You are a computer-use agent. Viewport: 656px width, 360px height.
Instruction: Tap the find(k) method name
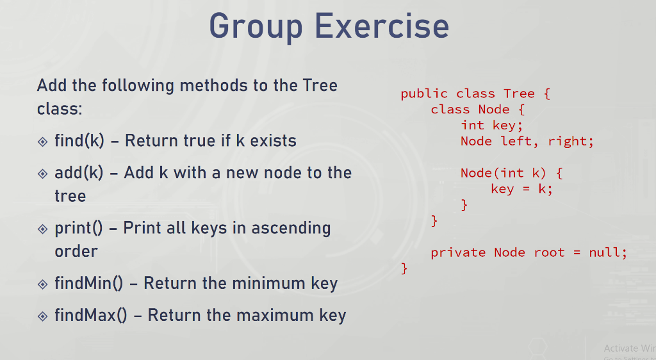[x=79, y=140]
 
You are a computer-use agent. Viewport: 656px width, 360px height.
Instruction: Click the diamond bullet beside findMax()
[x=43, y=316]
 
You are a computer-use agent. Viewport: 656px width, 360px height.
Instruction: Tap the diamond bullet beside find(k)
[x=43, y=141]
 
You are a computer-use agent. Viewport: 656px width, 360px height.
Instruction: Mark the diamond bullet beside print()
[x=43, y=229]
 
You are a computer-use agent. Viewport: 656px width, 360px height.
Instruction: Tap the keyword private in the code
[x=458, y=252]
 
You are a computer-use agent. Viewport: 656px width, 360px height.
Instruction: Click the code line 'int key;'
[x=491, y=126]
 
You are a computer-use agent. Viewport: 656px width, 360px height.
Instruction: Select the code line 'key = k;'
[x=521, y=189]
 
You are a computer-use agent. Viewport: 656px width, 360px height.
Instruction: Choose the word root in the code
[x=549, y=252]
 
